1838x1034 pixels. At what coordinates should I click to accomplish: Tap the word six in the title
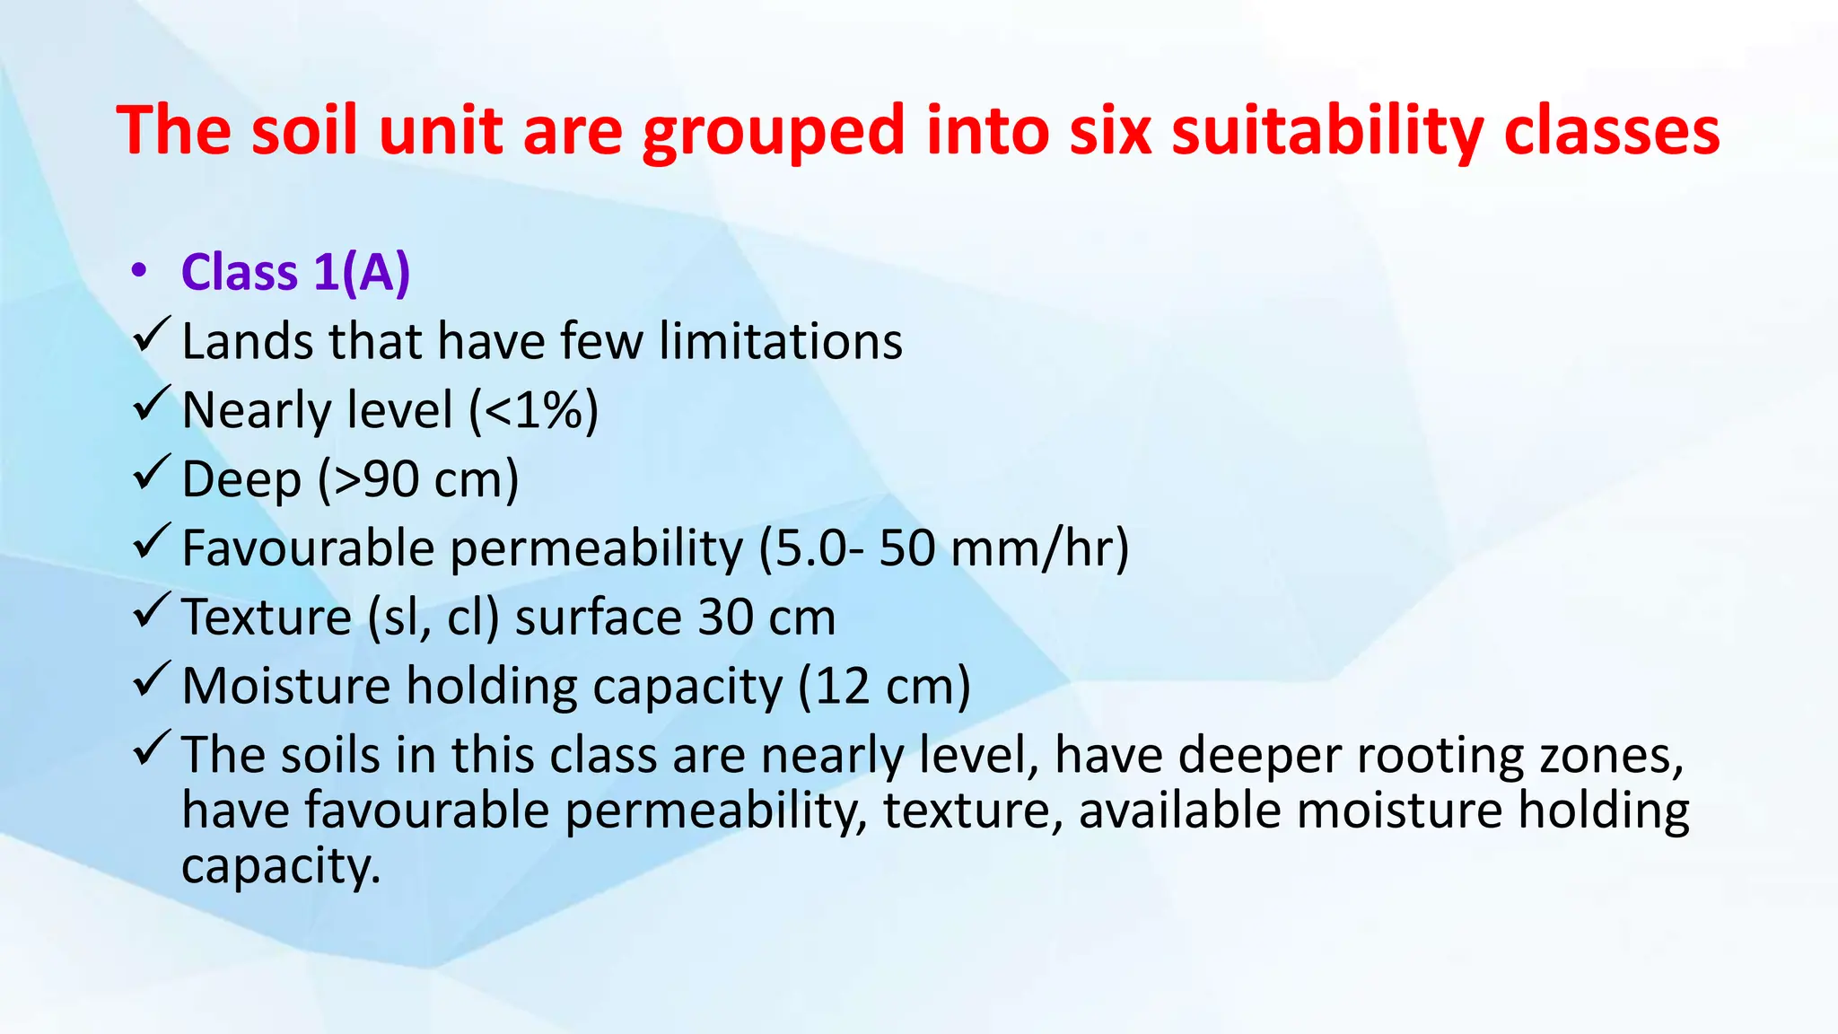[x=1110, y=131]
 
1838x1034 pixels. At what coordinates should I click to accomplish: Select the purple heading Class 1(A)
[x=295, y=272]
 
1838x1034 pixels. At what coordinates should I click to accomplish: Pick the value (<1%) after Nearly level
[x=534, y=411]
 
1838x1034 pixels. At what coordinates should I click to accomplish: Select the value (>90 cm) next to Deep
[x=418, y=479]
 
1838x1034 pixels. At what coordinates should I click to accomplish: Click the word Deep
[x=241, y=480]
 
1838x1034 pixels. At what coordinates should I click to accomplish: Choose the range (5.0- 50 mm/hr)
[x=943, y=548]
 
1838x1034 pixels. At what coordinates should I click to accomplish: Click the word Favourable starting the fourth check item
[x=308, y=548]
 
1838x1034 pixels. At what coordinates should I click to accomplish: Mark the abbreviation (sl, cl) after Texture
[x=433, y=618]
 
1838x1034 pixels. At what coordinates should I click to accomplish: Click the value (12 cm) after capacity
[x=884, y=687]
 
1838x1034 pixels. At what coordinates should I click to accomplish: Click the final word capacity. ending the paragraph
[x=281, y=867]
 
